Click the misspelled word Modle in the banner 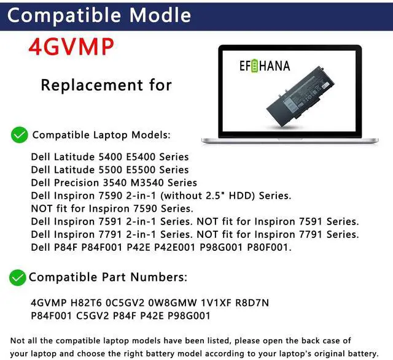[160, 15]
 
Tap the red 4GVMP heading [71, 47]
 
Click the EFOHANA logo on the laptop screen [265, 66]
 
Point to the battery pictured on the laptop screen [300, 93]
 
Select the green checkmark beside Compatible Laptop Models [19, 135]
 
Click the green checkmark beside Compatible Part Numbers [18, 278]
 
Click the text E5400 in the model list [141, 157]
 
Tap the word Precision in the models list [76, 183]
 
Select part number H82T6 [86, 303]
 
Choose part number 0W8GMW [173, 303]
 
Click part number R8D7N [252, 303]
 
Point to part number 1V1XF [216, 303]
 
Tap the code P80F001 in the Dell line [269, 247]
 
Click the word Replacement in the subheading [91, 85]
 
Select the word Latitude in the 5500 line [74, 170]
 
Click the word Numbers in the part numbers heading [159, 277]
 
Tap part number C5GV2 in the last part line [93, 316]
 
